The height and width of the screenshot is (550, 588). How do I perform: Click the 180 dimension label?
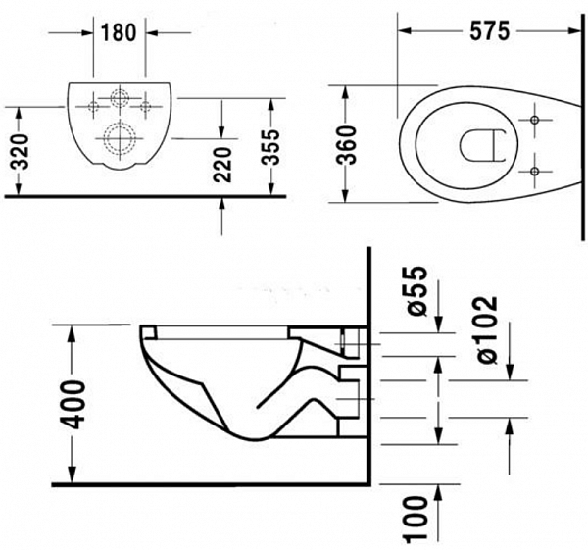[119, 32]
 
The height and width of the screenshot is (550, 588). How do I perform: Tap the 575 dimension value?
[490, 30]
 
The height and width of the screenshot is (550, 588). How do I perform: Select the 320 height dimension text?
[19, 151]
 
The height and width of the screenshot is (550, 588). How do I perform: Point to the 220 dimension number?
[222, 165]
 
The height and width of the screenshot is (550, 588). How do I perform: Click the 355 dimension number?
[270, 147]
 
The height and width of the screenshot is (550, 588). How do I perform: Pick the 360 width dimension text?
[346, 145]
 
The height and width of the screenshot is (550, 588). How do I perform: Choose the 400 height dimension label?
[73, 405]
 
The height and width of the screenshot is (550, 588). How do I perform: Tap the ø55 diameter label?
[416, 291]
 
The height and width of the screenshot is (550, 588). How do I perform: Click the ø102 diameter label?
[487, 330]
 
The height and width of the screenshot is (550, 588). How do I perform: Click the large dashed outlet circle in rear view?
[120, 138]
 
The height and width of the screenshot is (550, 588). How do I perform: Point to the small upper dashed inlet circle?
[120, 98]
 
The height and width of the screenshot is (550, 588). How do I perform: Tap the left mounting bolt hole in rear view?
[93, 107]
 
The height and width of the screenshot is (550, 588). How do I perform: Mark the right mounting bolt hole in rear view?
[145, 107]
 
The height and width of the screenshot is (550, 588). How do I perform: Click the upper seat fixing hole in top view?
[535, 120]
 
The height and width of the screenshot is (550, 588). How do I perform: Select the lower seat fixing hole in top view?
[535, 172]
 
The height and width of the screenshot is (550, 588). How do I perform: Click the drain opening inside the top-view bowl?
[460, 146]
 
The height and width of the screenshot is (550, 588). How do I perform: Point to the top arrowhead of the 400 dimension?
[72, 332]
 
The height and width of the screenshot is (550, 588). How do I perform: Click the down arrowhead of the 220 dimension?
[222, 131]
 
